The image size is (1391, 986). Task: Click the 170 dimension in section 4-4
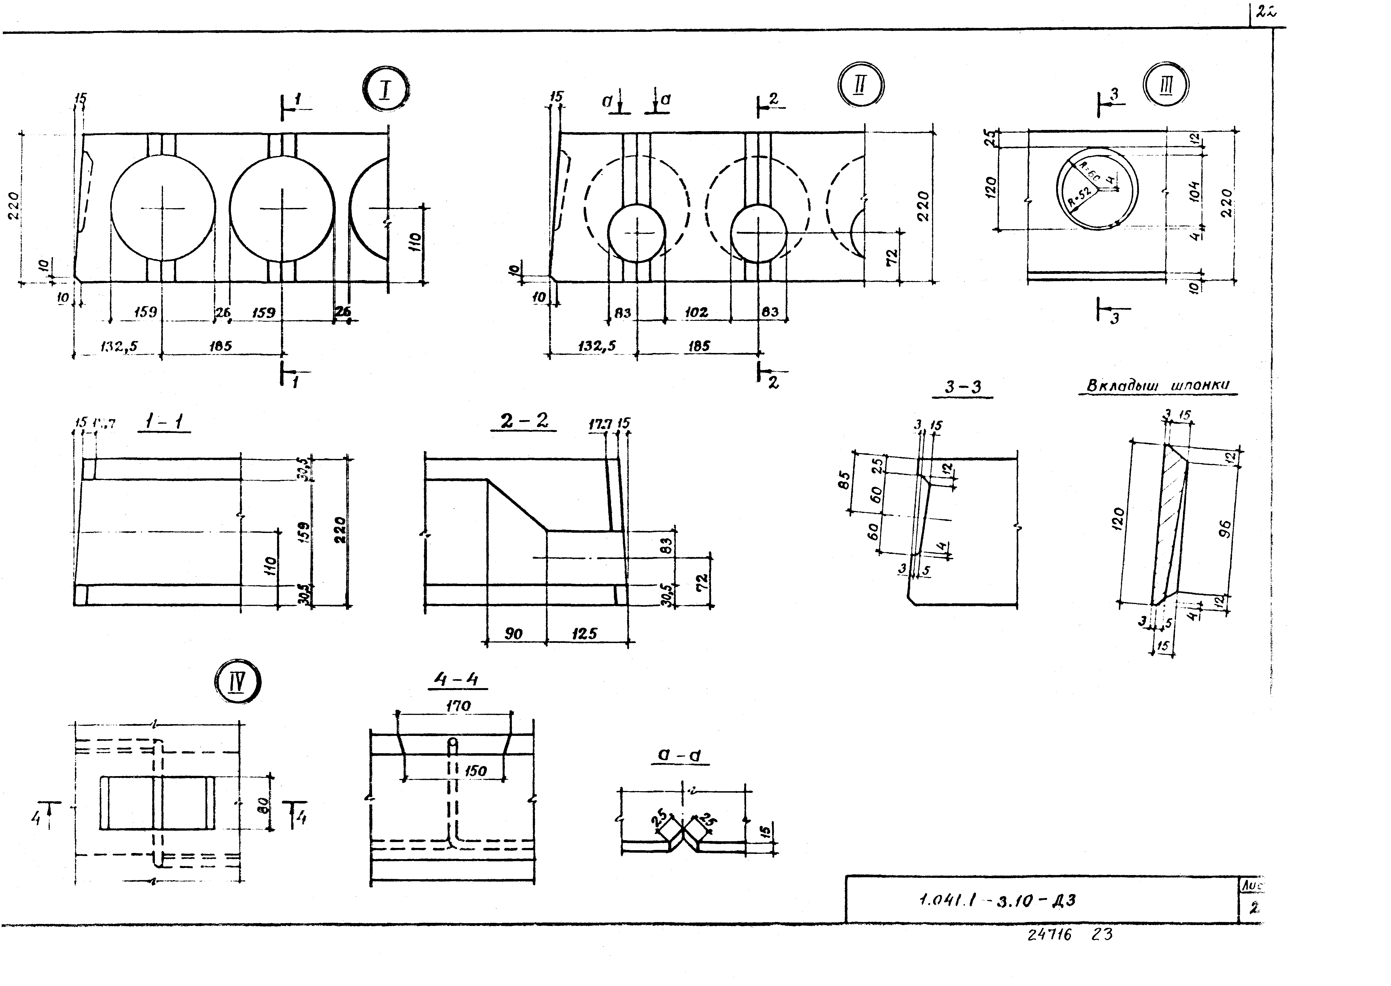pos(458,706)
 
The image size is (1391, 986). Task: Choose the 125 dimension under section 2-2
pos(584,634)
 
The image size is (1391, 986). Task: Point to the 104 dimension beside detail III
pos(1194,191)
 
